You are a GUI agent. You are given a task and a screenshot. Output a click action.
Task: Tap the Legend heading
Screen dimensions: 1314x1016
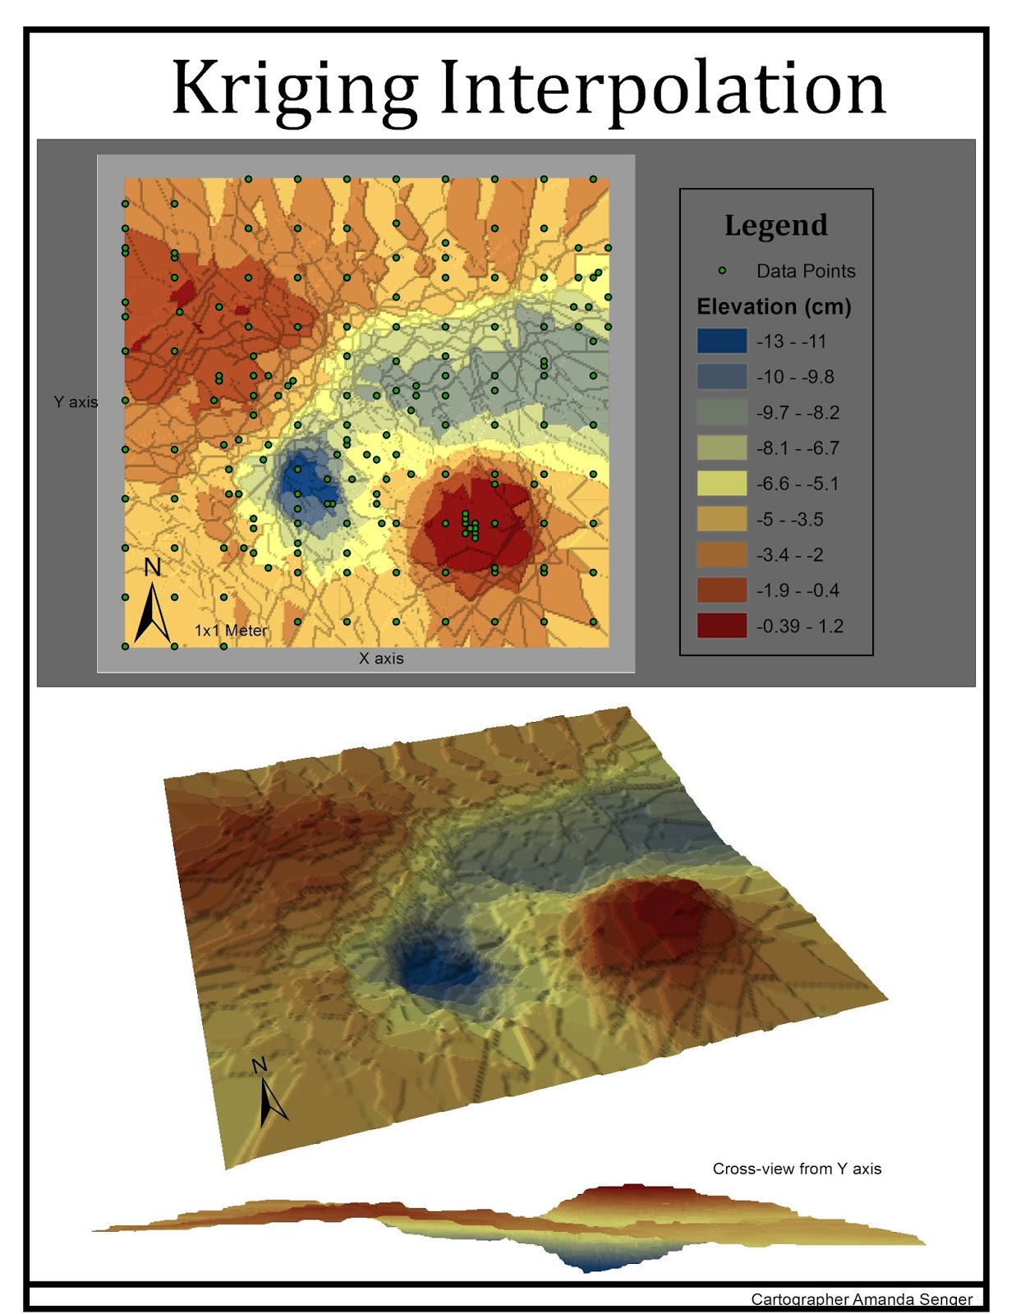pyautogui.click(x=775, y=225)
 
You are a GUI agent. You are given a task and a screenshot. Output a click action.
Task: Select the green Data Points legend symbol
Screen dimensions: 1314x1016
pyautogui.click(x=722, y=270)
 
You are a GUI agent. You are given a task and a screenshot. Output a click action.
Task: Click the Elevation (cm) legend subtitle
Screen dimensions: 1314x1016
pyautogui.click(x=774, y=307)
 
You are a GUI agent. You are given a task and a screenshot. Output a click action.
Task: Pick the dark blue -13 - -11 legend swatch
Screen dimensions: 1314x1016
pyautogui.click(x=722, y=341)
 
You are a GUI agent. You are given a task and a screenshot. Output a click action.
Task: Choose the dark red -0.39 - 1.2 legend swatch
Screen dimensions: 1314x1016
pyautogui.click(x=722, y=626)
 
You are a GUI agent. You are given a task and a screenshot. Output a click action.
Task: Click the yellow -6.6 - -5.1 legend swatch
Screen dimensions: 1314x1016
pyautogui.click(x=722, y=484)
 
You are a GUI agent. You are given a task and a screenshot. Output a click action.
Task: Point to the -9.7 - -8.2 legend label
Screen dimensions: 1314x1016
pyautogui.click(x=798, y=412)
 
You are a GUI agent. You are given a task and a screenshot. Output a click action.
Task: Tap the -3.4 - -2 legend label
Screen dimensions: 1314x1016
pyautogui.click(x=789, y=555)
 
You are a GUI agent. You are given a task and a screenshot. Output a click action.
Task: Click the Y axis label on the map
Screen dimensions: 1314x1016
pyautogui.click(x=76, y=402)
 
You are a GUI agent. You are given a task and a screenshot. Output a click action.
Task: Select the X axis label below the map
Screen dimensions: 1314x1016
pyautogui.click(x=381, y=659)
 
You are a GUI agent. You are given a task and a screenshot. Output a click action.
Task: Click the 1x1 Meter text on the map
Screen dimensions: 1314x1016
pyautogui.click(x=231, y=631)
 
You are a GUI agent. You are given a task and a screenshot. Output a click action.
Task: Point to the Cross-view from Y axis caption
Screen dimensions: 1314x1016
pyautogui.click(x=797, y=1169)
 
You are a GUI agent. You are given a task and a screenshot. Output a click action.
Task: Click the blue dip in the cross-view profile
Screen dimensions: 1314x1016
pyautogui.click(x=593, y=1259)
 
